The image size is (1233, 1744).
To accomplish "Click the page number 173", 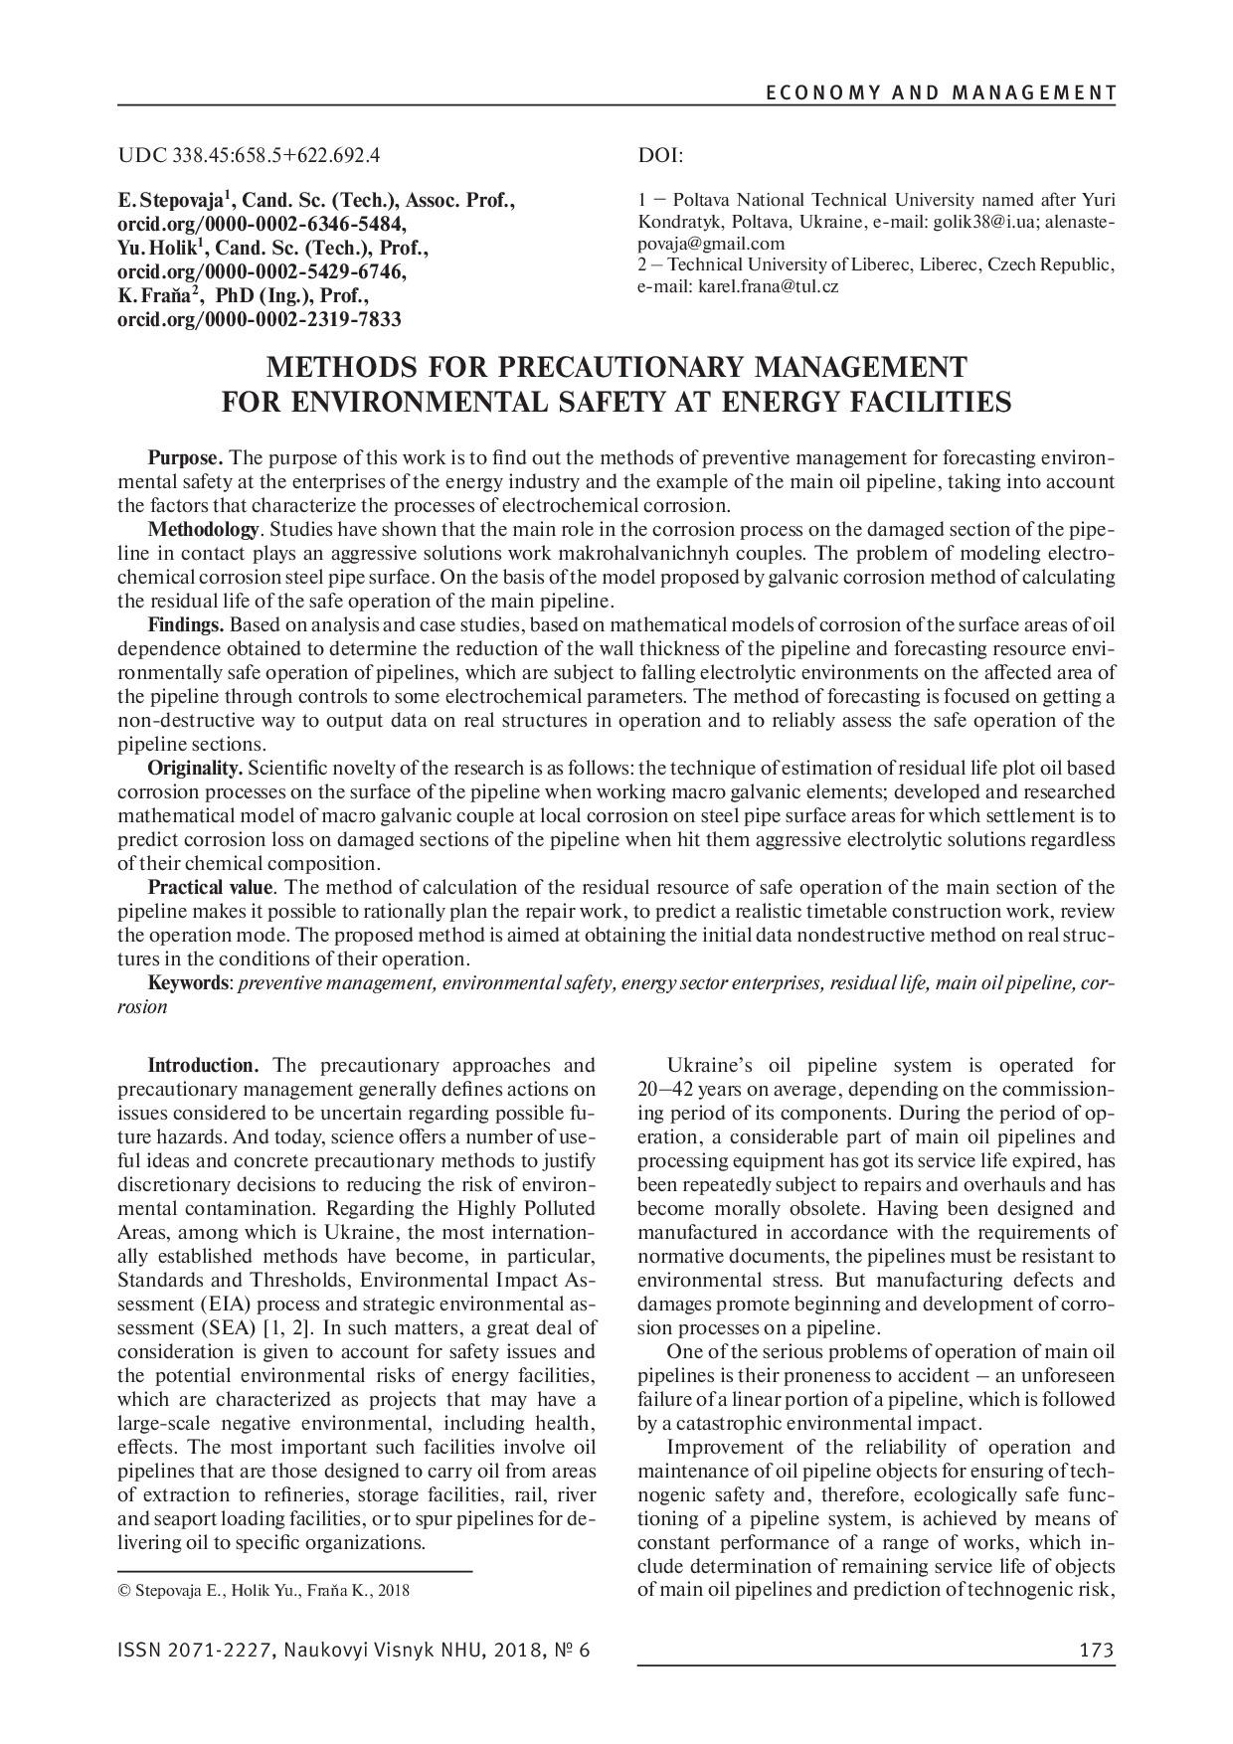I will click(1096, 1651).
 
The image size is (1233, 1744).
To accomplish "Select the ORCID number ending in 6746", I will click(263, 272).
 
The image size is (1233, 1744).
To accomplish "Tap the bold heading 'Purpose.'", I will click(186, 458).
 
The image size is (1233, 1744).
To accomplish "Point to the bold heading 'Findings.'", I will click(186, 625).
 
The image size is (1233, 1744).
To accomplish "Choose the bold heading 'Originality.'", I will click(195, 769).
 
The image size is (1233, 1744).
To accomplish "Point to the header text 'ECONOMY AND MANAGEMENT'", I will click(940, 93).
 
